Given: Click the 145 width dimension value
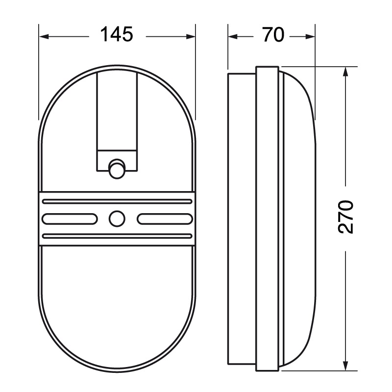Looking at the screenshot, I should click(x=117, y=35).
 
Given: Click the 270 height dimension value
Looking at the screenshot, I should click(x=346, y=216).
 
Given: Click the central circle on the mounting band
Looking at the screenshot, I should click(x=117, y=218).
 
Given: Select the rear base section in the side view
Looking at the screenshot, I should click(x=242, y=216).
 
